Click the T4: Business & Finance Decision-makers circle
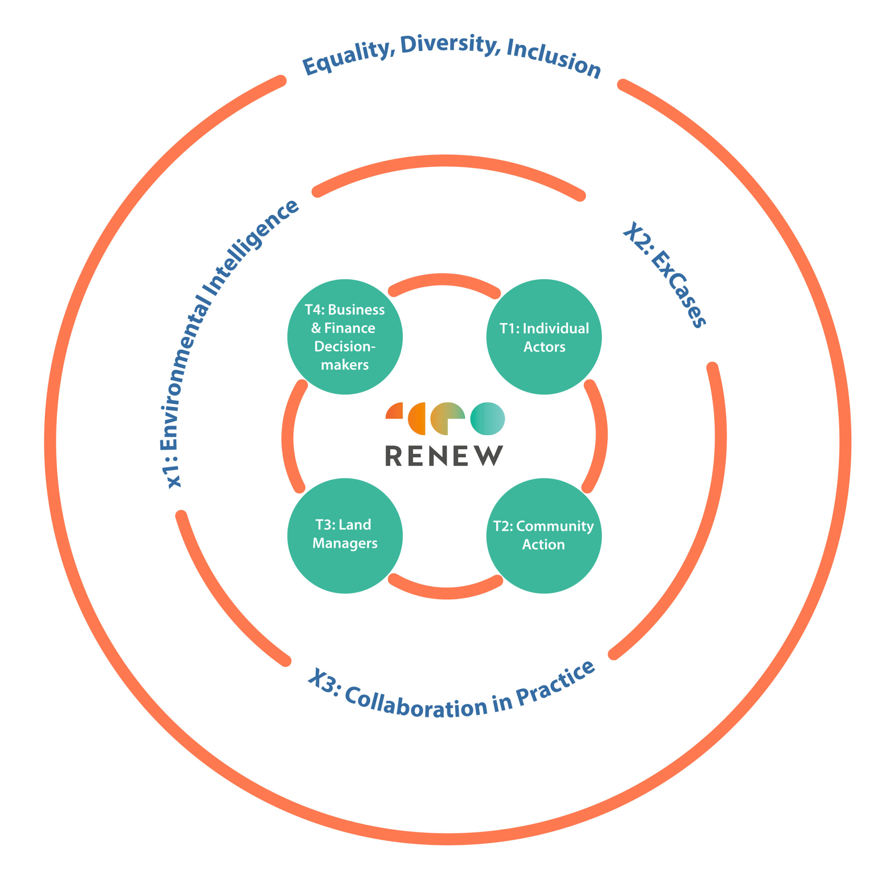345,337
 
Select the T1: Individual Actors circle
544,337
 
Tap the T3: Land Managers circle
345,536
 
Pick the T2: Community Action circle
544,536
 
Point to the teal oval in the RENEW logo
487,419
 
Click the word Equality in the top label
348,58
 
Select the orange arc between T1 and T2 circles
601,435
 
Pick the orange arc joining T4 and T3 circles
288,437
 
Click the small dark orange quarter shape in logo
395,411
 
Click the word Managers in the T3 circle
345,543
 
